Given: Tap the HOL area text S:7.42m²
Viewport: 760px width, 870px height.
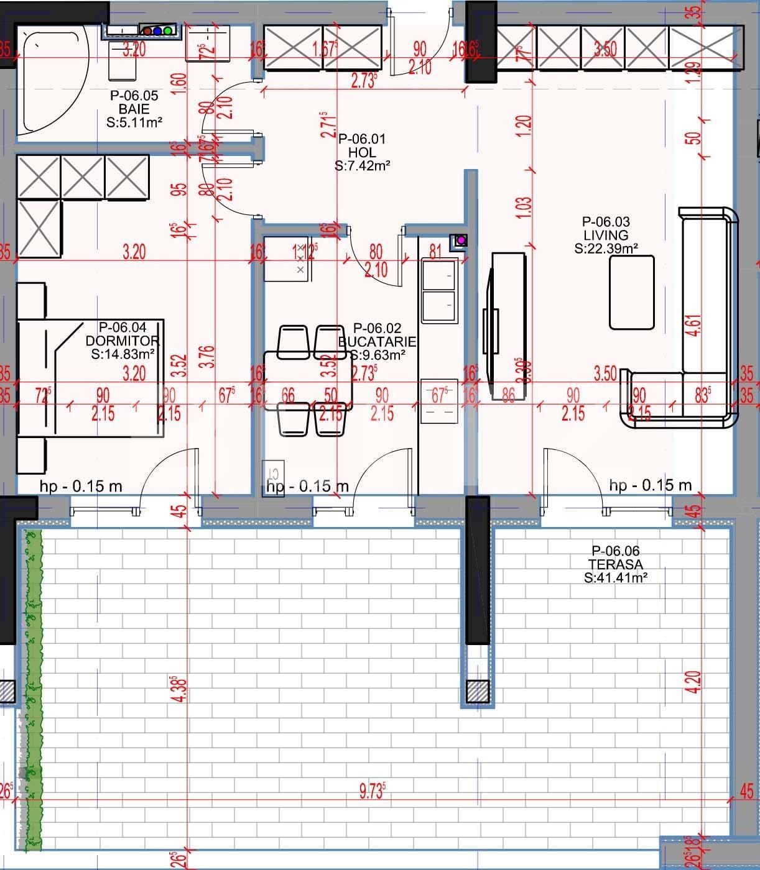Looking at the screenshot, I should (362, 166).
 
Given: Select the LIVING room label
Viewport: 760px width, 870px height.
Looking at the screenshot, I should (606, 235).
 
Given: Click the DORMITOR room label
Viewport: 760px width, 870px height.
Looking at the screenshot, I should (123, 341).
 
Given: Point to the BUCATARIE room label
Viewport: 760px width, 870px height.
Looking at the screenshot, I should (378, 342).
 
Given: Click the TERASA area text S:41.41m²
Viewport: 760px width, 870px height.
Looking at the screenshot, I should (616, 578).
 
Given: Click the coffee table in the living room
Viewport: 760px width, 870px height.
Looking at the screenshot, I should (631, 292).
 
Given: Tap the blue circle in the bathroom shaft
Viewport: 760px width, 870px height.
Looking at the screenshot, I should (157, 30).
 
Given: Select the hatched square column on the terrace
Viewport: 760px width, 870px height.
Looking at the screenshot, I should (478, 690).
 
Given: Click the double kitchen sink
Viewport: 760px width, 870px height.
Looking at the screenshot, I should (440, 291).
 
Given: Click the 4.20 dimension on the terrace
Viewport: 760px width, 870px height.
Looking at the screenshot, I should (695, 682).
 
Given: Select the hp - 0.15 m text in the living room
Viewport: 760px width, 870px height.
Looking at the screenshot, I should (650, 485).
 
